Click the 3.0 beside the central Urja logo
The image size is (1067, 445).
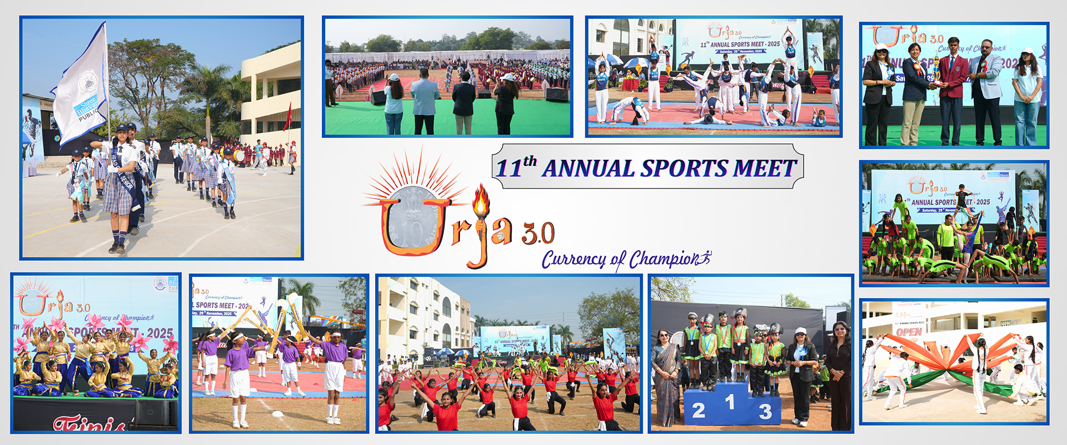[x=538, y=234]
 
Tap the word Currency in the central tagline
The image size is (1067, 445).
[x=574, y=260]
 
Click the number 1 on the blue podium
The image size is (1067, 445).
[x=730, y=402]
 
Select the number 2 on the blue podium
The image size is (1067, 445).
[x=699, y=411]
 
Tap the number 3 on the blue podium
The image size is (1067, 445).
[x=765, y=412]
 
